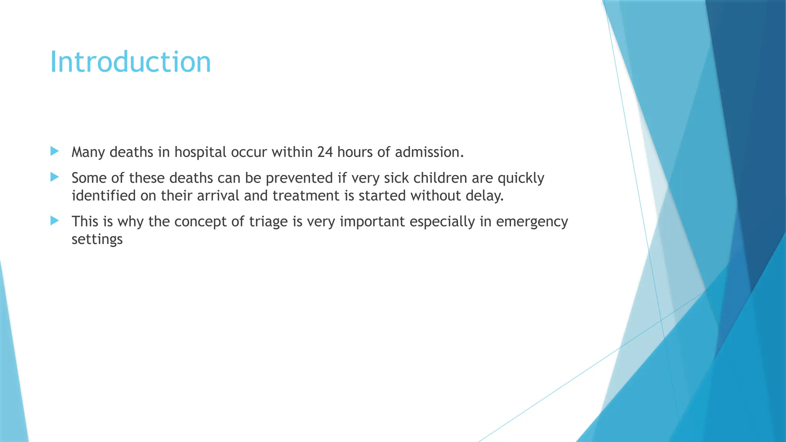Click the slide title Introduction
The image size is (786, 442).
[130, 62]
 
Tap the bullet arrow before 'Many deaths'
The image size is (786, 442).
[54, 151]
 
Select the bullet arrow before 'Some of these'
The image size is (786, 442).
[54, 177]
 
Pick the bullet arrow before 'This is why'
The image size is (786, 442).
[54, 221]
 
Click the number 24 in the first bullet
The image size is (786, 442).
[325, 152]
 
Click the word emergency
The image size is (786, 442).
[532, 222]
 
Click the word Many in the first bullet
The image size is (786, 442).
[88, 153]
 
